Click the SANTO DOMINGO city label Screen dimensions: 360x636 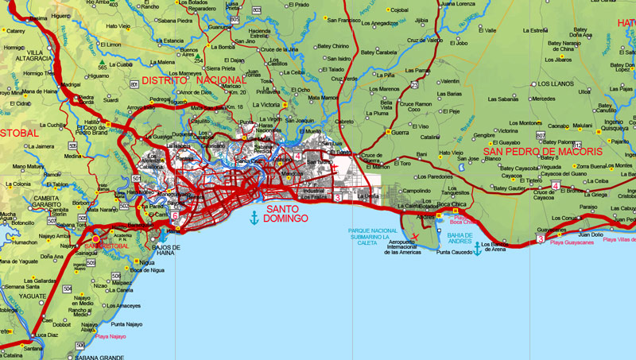287,214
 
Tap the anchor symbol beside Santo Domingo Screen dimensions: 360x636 254,217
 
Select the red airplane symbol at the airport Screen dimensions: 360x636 415,237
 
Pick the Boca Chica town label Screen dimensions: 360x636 452,206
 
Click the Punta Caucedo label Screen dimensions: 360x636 455,252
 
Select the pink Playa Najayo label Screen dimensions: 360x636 111,336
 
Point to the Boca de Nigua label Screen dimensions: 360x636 146,270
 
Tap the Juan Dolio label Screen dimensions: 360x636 591,234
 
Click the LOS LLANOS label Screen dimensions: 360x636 556,83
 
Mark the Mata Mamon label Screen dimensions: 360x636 324,97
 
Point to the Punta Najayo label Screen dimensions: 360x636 126,324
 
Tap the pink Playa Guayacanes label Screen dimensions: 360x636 572,242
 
